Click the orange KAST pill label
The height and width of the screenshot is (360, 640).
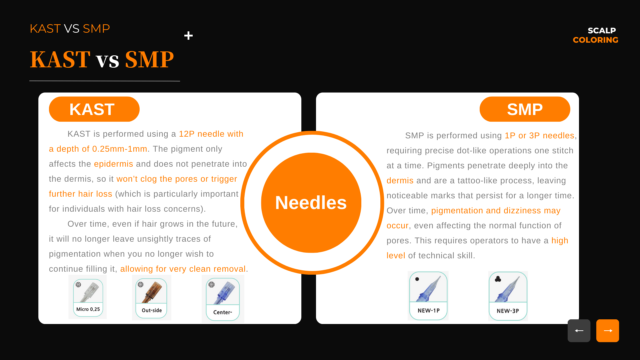94,109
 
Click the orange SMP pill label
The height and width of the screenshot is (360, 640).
525,109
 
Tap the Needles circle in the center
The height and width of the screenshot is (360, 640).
311,203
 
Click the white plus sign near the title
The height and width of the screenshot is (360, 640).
188,36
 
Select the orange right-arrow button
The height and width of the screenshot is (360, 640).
608,331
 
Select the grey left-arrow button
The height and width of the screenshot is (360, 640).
579,331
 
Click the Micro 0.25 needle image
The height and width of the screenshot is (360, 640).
88,297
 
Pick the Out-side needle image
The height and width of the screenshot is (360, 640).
152,298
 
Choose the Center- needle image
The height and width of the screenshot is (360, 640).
223,299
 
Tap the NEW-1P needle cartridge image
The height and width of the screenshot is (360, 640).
428,296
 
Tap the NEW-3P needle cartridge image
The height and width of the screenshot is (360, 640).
508,296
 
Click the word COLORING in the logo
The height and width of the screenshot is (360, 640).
595,40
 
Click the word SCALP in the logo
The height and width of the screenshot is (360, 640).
602,31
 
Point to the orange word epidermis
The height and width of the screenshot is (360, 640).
114,164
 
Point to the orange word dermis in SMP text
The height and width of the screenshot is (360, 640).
400,181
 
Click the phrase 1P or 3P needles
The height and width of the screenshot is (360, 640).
540,136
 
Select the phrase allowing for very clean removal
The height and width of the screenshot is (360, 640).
183,269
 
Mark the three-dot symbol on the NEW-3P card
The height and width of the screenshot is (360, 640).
498,279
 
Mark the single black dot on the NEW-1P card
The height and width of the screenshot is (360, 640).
417,279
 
